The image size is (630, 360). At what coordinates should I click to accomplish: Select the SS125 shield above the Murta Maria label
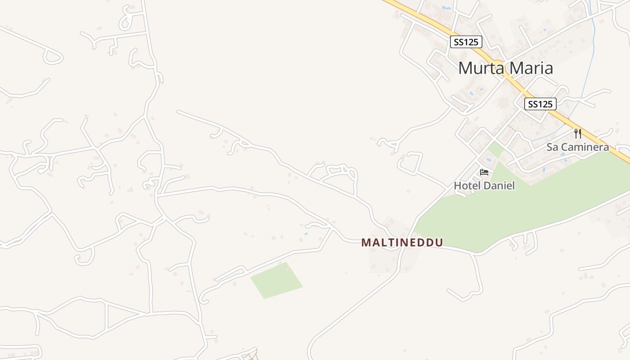pyautogui.click(x=466, y=42)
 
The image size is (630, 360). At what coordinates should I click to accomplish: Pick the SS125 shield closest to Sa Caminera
pyautogui.click(x=540, y=104)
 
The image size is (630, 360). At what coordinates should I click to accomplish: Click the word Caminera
pyautogui.click(x=584, y=147)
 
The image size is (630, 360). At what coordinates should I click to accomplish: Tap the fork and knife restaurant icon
pyautogui.click(x=578, y=133)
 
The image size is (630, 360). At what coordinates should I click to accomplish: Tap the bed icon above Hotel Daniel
pyautogui.click(x=484, y=172)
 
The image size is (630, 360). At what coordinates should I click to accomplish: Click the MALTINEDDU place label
pyautogui.click(x=402, y=243)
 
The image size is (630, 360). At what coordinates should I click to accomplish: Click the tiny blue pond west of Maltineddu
pyautogui.click(x=306, y=234)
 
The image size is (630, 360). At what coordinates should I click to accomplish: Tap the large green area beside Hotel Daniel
pyautogui.click(x=517, y=211)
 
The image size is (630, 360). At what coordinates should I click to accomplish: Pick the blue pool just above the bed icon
pyautogui.click(x=489, y=160)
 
